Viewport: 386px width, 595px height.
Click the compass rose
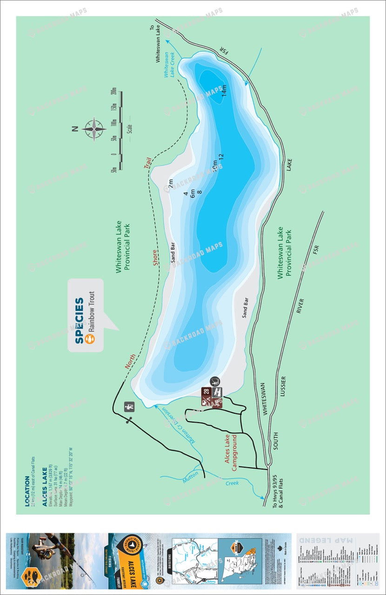click(94, 128)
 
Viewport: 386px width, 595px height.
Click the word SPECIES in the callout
click(80, 321)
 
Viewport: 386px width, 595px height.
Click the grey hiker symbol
click(129, 407)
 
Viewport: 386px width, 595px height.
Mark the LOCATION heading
click(27, 490)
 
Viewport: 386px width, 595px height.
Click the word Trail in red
click(148, 163)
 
